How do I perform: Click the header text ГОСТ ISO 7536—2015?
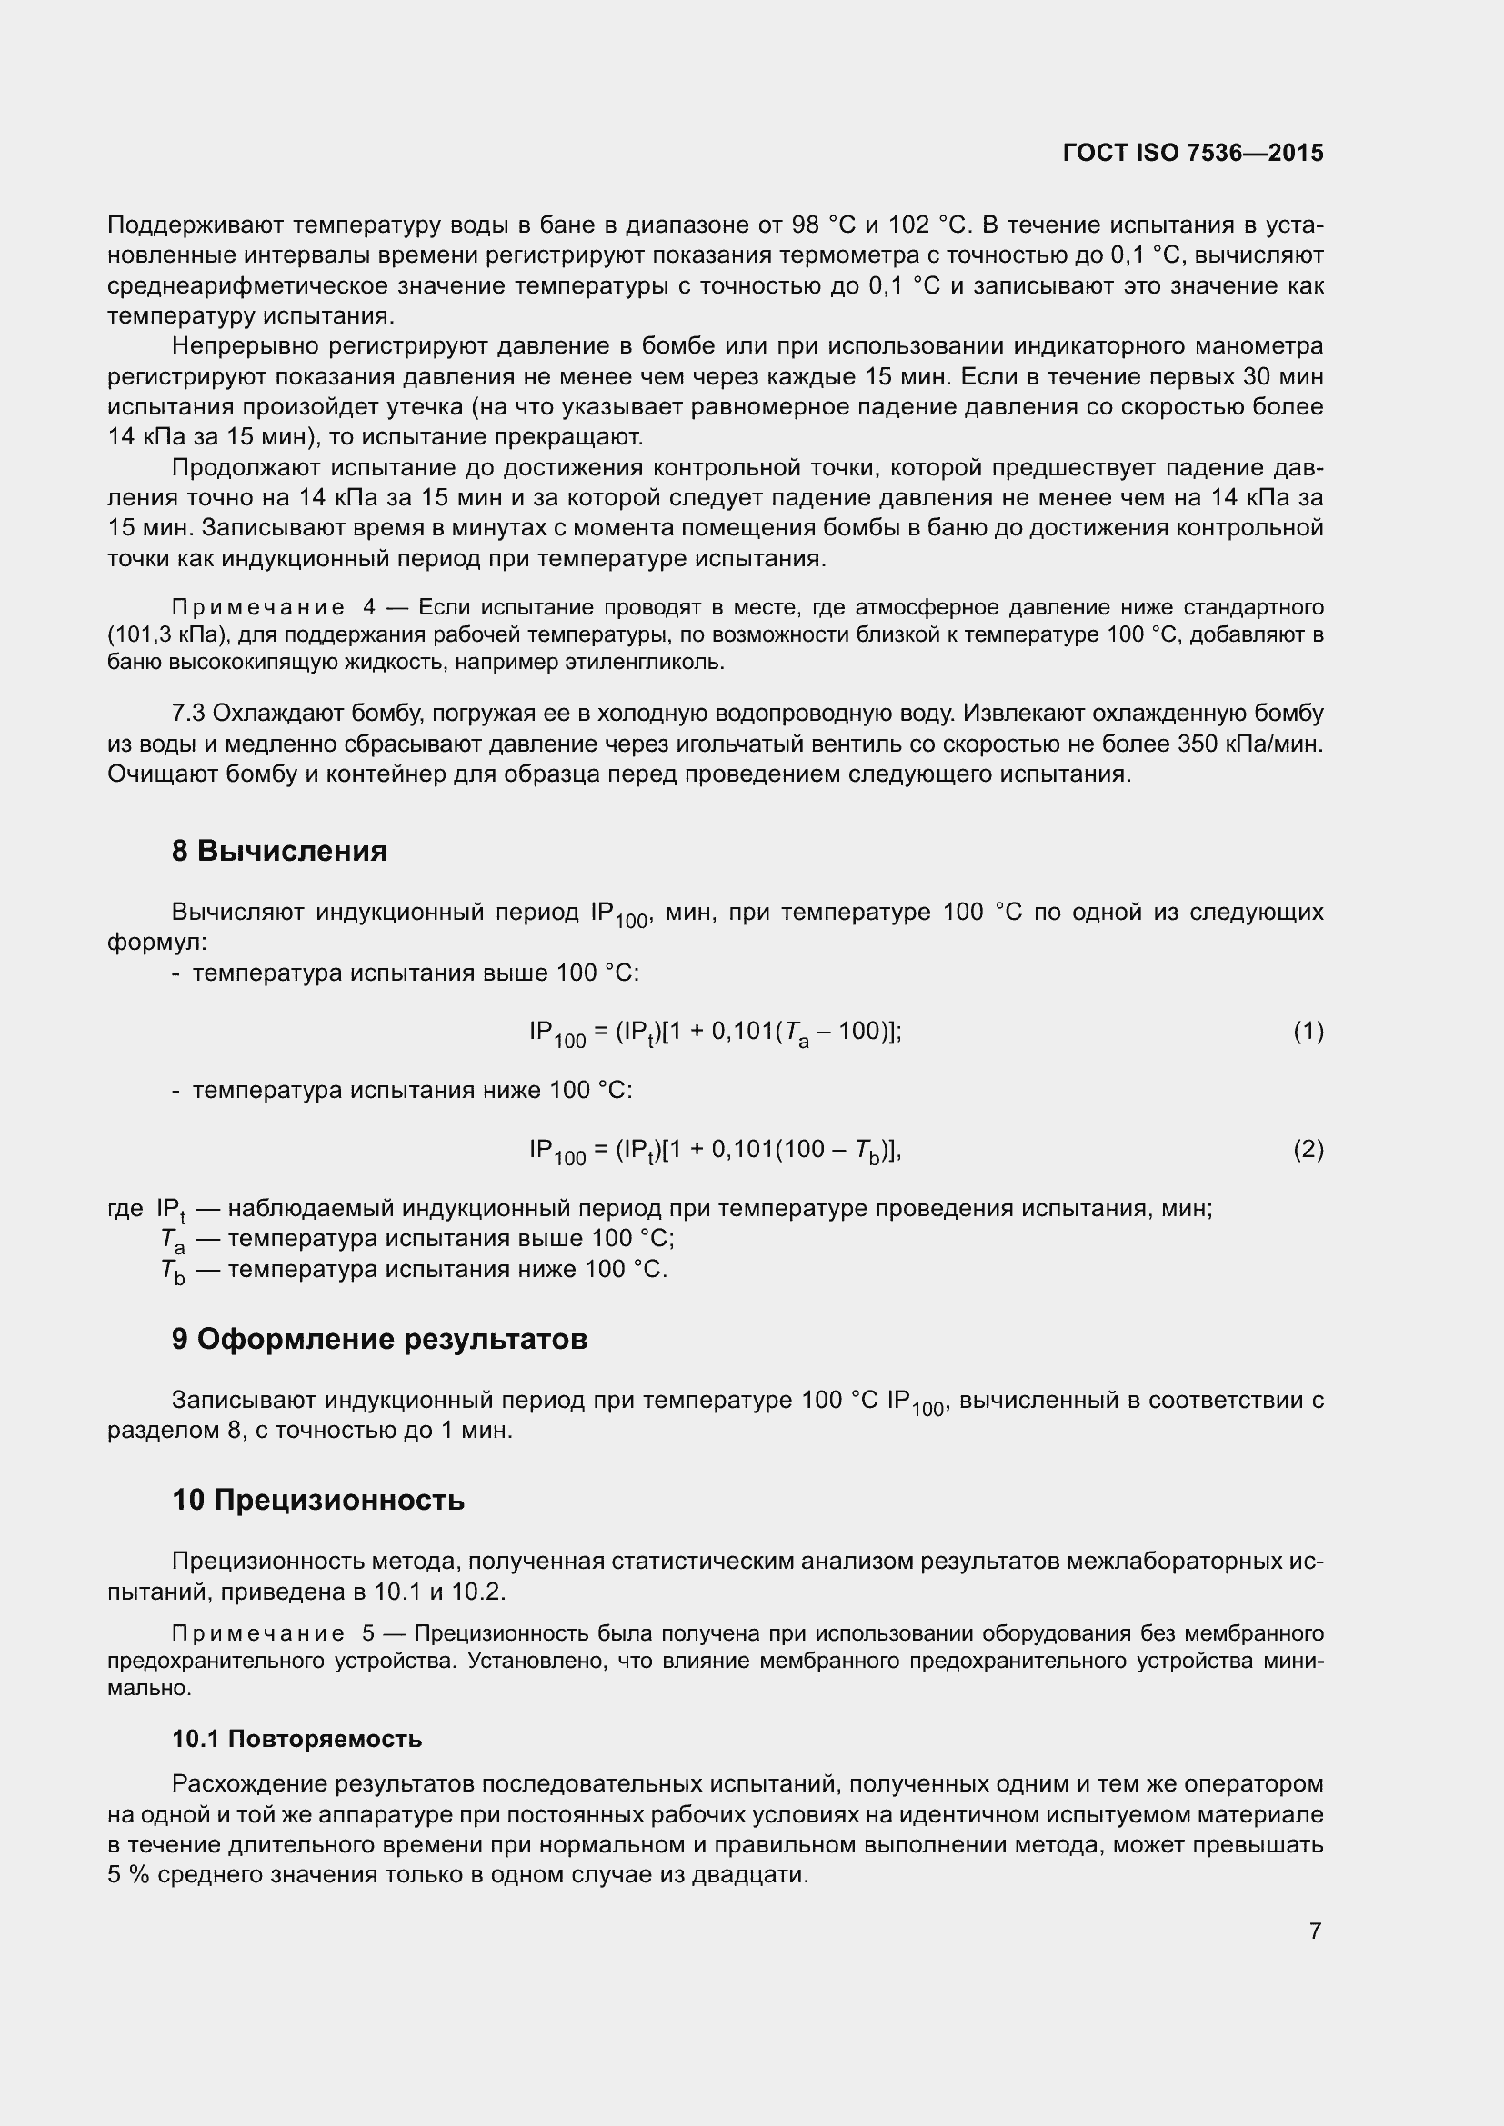[x=1193, y=153]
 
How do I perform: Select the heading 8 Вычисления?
[x=279, y=850]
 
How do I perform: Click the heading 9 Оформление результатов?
[x=379, y=1340]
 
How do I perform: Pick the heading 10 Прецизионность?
[x=317, y=1500]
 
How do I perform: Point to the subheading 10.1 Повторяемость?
[x=296, y=1739]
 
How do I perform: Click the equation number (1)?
[x=1308, y=1031]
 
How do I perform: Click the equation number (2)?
[x=1308, y=1149]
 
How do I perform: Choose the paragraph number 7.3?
[x=188, y=713]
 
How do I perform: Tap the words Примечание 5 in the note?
[x=272, y=1632]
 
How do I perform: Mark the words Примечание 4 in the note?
[x=272, y=607]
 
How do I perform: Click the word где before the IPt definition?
[x=125, y=1208]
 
